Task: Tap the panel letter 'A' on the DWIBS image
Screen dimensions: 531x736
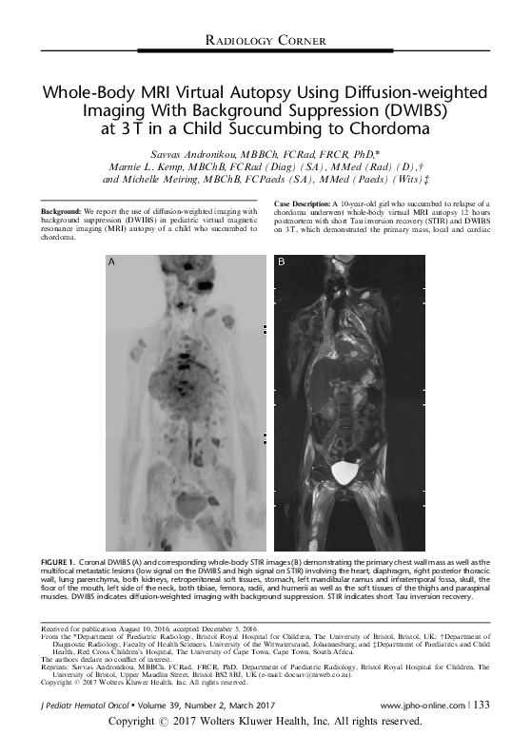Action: tap(112, 260)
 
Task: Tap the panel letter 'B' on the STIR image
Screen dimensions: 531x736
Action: tap(281, 260)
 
